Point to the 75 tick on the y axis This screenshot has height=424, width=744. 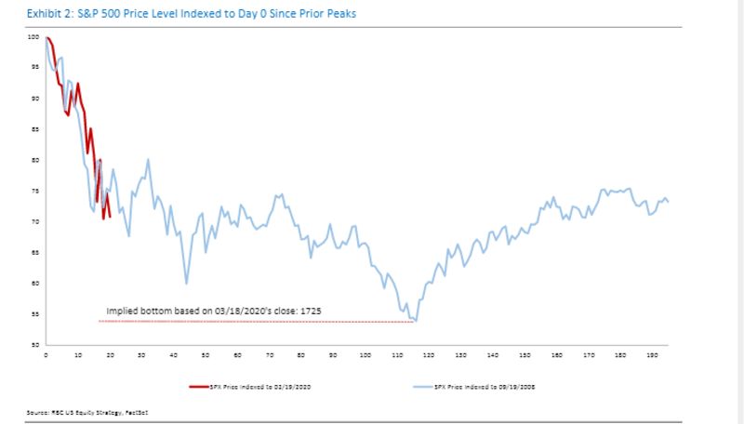[34, 191]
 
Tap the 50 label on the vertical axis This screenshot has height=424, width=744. [34, 345]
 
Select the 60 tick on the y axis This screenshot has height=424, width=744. [34, 284]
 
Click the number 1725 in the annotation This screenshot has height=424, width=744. [310, 311]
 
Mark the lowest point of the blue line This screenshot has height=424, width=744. [415, 321]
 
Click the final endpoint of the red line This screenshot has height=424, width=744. [110, 217]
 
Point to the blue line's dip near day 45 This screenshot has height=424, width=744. [187, 283]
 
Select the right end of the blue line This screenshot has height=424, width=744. [668, 202]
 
